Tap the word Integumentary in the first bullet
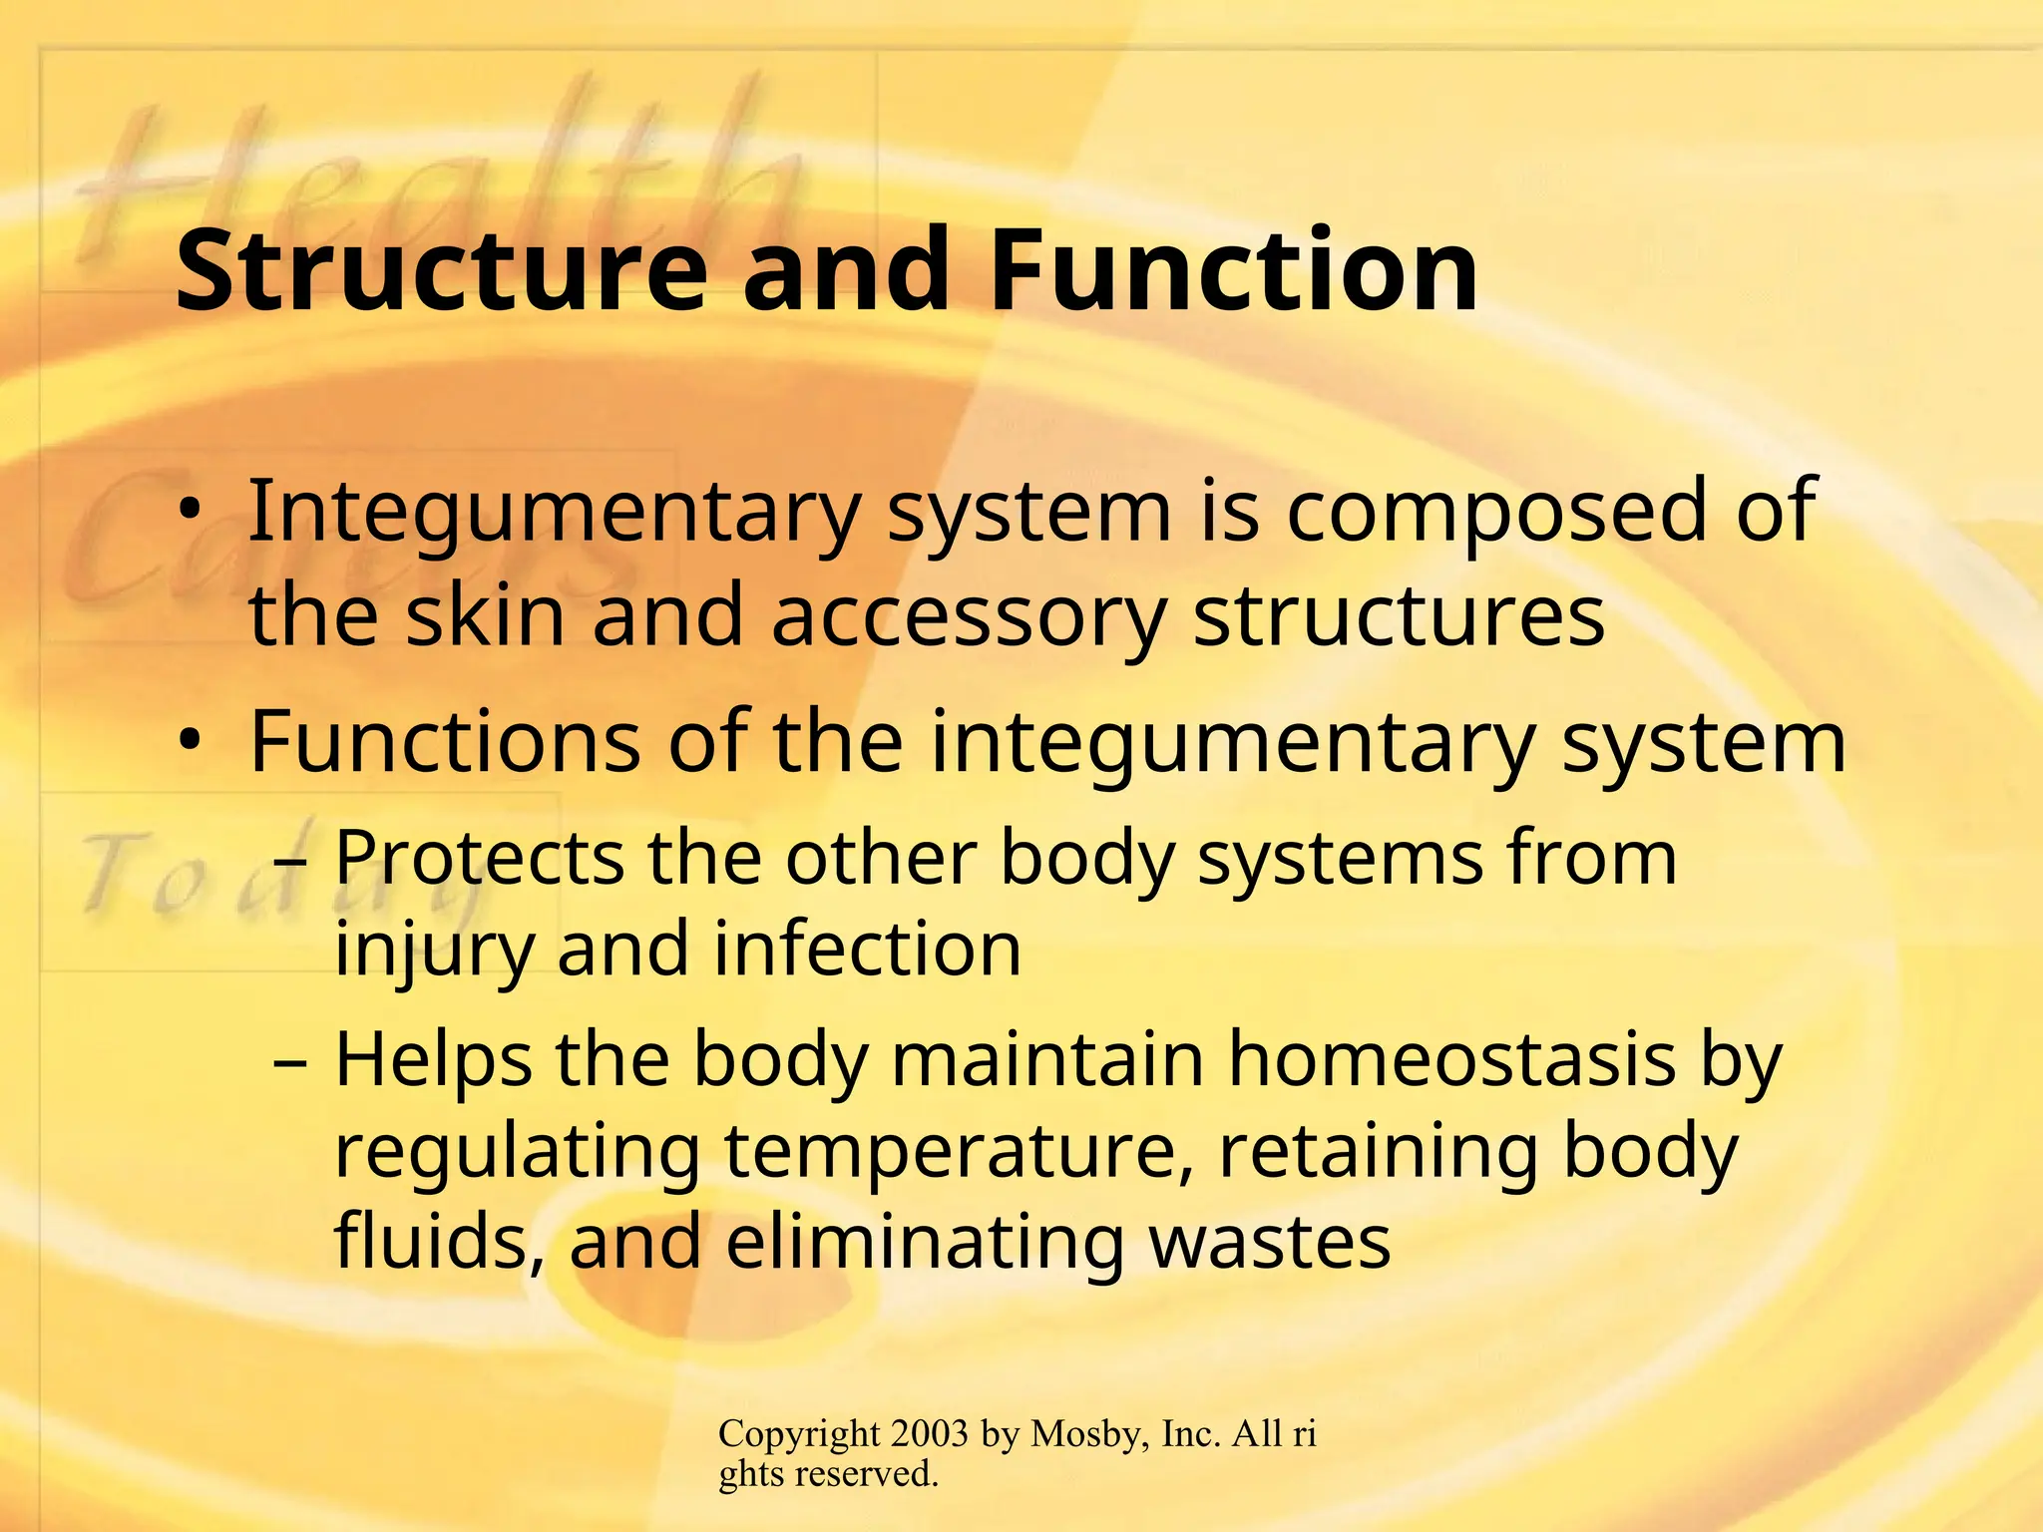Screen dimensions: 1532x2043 tap(553, 514)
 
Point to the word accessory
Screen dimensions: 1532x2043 tap(968, 617)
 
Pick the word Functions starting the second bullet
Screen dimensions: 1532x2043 tap(444, 742)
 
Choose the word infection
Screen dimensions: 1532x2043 tap(867, 950)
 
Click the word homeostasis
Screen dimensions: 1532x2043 tap(1450, 1059)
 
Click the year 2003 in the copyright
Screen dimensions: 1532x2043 tap(930, 1434)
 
